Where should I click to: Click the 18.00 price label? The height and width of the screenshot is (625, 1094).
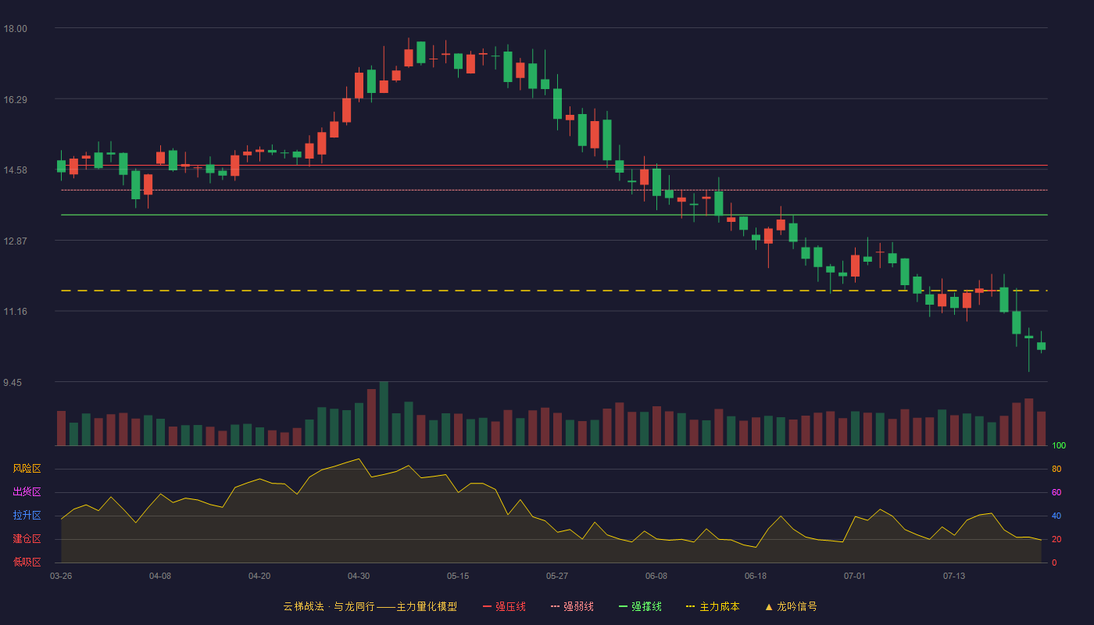(15, 29)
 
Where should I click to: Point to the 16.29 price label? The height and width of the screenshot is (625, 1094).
(15, 100)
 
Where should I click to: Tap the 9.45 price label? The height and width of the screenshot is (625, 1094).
(13, 382)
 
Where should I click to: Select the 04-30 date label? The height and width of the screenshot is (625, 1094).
(359, 577)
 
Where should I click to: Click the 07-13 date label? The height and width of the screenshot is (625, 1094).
(954, 577)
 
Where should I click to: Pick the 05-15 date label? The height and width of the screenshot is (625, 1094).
(458, 577)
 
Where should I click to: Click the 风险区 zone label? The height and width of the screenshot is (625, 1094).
(27, 469)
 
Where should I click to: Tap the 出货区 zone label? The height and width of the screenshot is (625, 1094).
(27, 491)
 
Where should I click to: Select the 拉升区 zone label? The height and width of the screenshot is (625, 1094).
(27, 515)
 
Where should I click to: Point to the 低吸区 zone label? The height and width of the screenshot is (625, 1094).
(27, 562)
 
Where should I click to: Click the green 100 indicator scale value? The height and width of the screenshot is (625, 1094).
(1059, 445)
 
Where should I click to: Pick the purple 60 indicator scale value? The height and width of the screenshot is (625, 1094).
(1056, 492)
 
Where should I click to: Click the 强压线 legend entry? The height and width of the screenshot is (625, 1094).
(504, 606)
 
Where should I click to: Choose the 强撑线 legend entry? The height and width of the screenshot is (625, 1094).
(640, 606)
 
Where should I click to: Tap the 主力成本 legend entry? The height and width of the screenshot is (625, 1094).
(713, 606)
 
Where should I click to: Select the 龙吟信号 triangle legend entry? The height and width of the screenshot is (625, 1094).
(791, 606)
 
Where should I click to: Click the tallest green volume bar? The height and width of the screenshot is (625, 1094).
(384, 413)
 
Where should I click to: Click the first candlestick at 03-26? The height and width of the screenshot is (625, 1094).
(61, 166)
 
